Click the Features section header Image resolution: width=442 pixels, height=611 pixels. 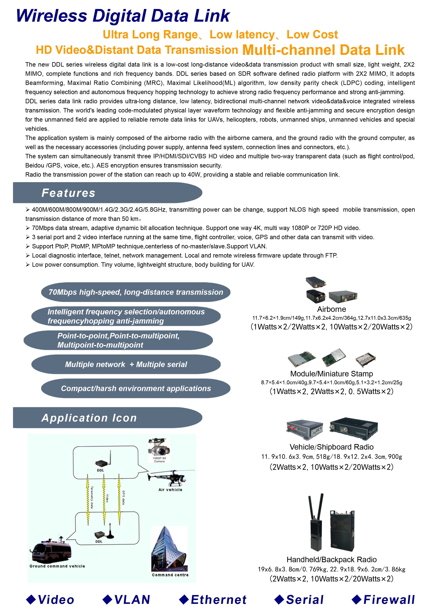[68, 193]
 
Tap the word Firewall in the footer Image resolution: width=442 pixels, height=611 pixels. [389, 600]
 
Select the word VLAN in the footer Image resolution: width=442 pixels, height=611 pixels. [132, 600]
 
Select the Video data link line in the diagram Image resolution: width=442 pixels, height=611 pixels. [104, 498]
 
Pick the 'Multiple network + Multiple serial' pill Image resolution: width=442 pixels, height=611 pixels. [126, 364]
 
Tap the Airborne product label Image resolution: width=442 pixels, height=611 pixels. [331, 309]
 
